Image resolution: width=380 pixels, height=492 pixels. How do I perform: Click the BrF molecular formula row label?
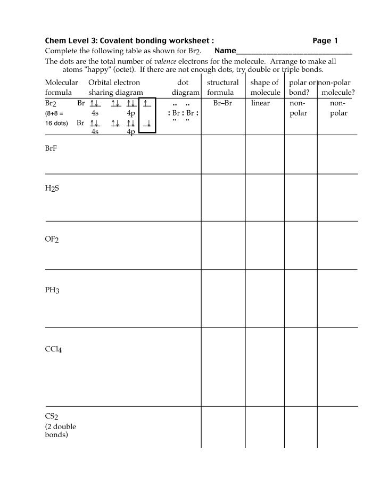51,149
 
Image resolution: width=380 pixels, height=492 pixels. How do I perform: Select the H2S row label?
52,188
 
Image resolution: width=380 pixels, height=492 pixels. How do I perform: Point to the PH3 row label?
52,290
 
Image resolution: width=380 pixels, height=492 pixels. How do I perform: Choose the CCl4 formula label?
54,350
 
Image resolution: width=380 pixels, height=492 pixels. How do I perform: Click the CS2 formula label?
52,416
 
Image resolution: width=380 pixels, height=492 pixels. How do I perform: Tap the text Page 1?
325,40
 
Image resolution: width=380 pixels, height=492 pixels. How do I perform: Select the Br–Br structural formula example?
222,103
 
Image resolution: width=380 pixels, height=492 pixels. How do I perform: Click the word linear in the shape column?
261,103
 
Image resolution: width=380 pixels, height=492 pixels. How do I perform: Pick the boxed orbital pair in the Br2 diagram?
147,116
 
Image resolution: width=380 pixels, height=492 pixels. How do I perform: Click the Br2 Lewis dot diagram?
183,113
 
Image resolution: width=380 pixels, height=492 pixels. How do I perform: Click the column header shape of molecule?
265,87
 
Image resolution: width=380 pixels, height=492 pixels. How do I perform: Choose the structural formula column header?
222,87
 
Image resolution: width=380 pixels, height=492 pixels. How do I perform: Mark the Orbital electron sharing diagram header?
115,87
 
